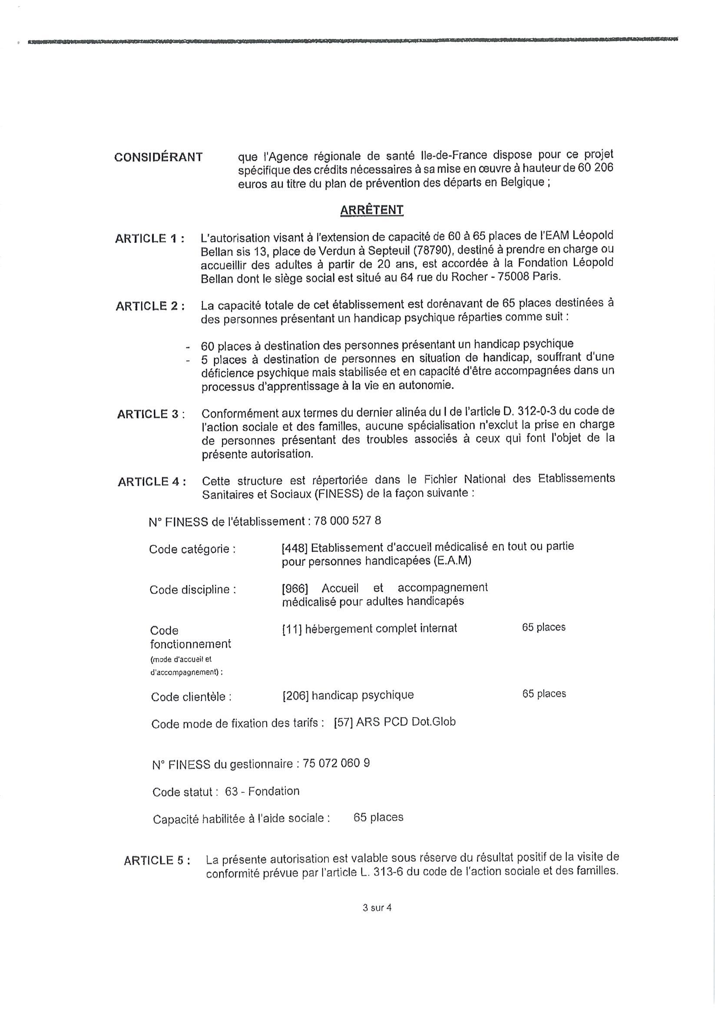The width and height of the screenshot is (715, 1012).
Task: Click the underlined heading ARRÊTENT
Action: pos(371,210)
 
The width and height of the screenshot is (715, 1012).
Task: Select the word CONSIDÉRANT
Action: pos(159,157)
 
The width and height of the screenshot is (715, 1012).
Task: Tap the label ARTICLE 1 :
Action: pos(150,238)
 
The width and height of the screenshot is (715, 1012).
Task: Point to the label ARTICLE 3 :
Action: pos(151,414)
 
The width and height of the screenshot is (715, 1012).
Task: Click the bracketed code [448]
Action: pos(294,548)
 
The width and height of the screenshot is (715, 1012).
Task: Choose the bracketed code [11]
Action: pos(291,629)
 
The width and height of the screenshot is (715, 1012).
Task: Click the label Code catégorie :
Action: pos(192,549)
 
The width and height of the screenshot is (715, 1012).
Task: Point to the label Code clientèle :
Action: pos(191,697)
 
